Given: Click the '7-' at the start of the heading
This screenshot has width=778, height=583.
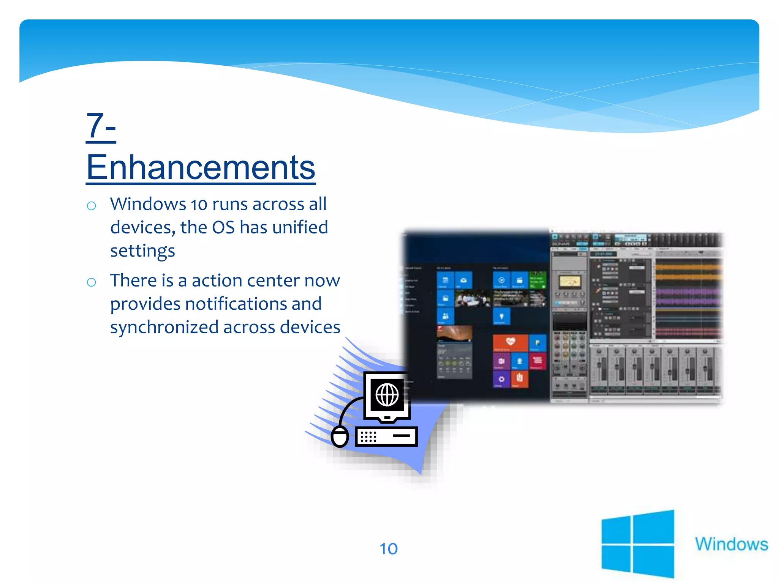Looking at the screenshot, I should pos(101,126).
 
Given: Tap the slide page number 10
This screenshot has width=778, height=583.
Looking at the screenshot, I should pos(388,549).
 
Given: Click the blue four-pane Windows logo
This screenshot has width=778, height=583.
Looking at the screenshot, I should pos(637,544).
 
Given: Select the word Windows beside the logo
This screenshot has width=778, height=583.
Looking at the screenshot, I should pos(731,544).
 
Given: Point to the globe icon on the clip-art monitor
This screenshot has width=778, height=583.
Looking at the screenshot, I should pos(387,395).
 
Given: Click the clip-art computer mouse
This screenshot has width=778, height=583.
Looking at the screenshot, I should pos(340,436).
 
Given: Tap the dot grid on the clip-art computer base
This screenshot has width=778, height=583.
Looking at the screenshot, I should pos(368,436).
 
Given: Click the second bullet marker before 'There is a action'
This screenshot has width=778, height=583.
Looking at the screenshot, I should pos(91,282).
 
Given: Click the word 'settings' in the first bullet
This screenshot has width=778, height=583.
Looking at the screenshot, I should pos(142,251).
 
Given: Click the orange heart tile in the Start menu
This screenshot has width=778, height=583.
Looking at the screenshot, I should pos(510,343).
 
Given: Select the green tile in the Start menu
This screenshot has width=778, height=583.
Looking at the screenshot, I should pos(538,280).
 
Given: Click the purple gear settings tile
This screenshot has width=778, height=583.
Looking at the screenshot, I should pos(501,379).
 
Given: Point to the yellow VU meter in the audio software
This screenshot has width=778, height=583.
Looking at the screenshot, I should pos(569,282).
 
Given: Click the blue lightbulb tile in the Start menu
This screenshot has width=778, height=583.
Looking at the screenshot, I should pos(501,317).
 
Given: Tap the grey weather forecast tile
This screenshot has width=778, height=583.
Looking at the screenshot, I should pos(454,361).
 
